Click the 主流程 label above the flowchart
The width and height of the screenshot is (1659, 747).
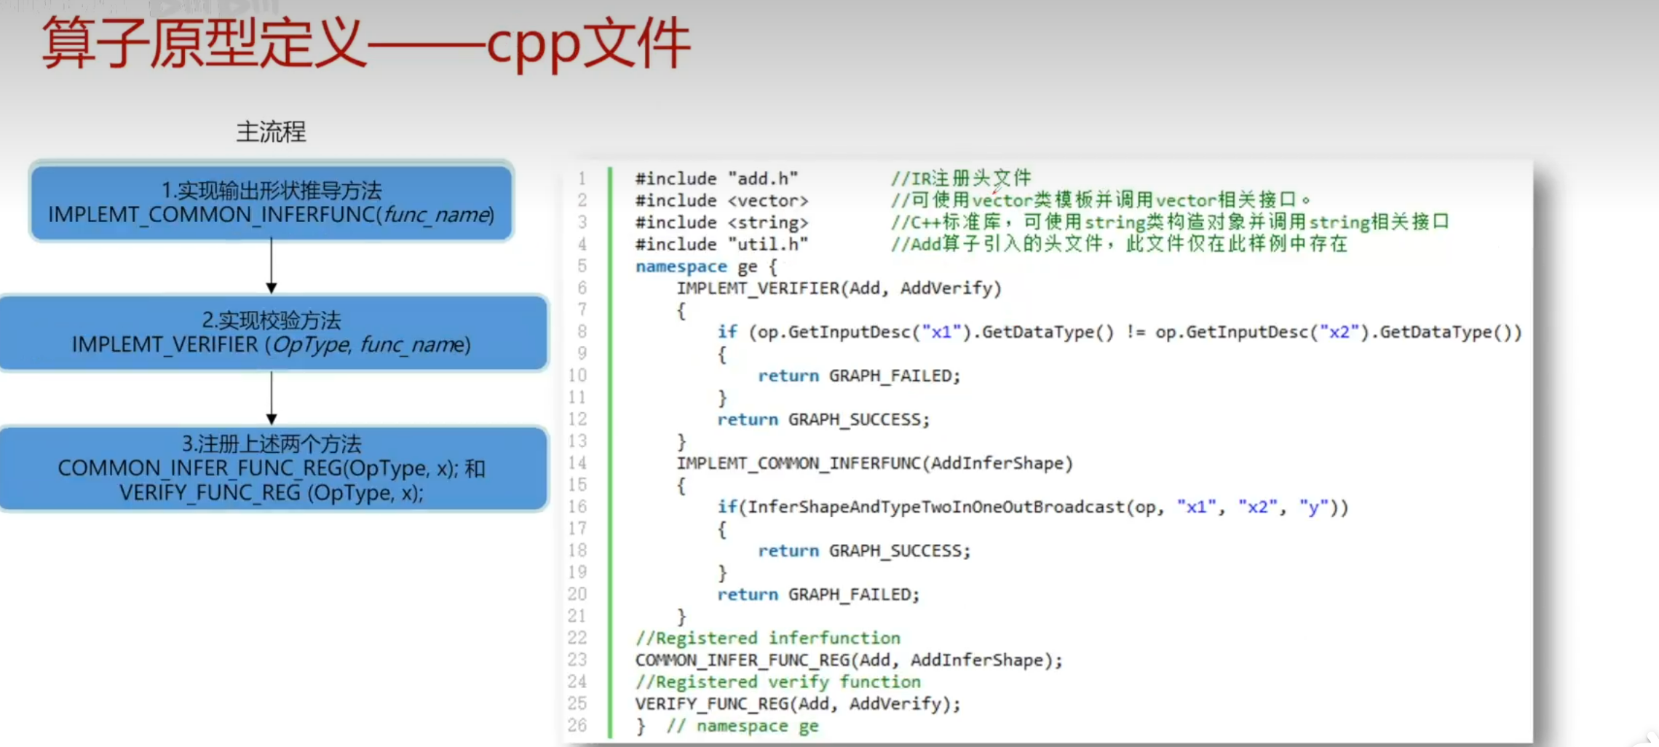tap(271, 132)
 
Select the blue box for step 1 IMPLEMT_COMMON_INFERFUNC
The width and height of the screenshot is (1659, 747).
tap(271, 202)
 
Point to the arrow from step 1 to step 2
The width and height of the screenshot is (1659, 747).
tap(272, 266)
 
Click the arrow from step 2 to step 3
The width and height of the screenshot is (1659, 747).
tap(272, 398)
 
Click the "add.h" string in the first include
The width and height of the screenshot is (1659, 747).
tap(763, 178)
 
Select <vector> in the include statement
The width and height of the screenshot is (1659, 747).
tap(768, 200)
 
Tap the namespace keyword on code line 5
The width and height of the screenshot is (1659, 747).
tap(681, 266)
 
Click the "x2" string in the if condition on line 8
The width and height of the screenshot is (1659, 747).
tap(1339, 332)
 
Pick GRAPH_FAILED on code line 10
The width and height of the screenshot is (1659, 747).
tap(894, 376)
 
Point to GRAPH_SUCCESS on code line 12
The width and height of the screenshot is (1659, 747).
tap(858, 419)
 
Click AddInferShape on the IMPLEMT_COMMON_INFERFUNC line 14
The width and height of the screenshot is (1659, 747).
tap(997, 463)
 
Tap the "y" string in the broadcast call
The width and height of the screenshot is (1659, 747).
tap(1313, 507)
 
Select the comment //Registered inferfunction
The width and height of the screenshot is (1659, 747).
tap(768, 638)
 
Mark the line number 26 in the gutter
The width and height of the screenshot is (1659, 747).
tap(577, 725)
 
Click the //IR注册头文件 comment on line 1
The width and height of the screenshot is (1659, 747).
tap(961, 178)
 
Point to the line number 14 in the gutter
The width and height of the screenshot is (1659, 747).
tap(577, 463)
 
